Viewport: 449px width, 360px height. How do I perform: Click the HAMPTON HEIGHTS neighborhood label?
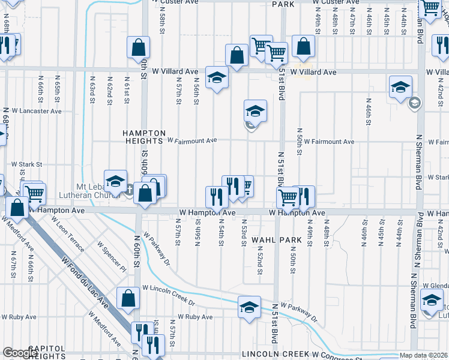coord(143,137)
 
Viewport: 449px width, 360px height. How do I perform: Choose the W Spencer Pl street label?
coord(111,255)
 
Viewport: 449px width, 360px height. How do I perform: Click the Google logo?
coord(20,353)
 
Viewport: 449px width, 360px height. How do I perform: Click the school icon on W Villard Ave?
coord(217,77)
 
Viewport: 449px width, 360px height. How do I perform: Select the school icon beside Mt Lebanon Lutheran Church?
coord(115,180)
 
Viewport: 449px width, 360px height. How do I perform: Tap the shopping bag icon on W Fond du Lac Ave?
coord(128,298)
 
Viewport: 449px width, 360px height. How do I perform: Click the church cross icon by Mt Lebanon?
coord(129,191)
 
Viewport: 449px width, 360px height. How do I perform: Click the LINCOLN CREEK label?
coord(276,354)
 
